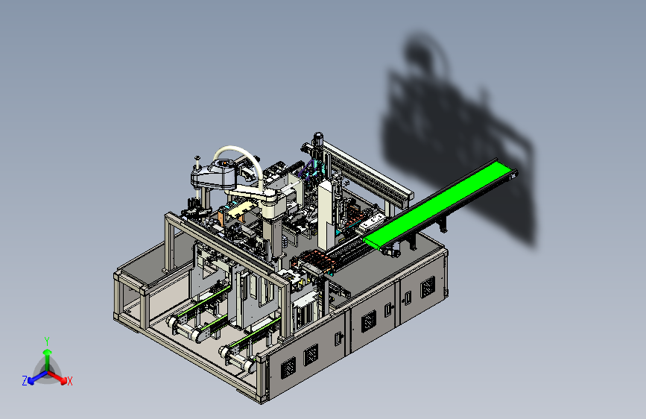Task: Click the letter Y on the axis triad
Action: click(x=47, y=341)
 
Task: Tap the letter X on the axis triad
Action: click(x=69, y=381)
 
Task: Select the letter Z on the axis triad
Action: click(x=25, y=381)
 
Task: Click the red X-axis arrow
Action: click(x=57, y=377)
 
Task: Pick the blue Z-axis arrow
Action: click(x=37, y=377)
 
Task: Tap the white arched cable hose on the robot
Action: click(x=244, y=154)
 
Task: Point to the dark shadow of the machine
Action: click(x=457, y=136)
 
